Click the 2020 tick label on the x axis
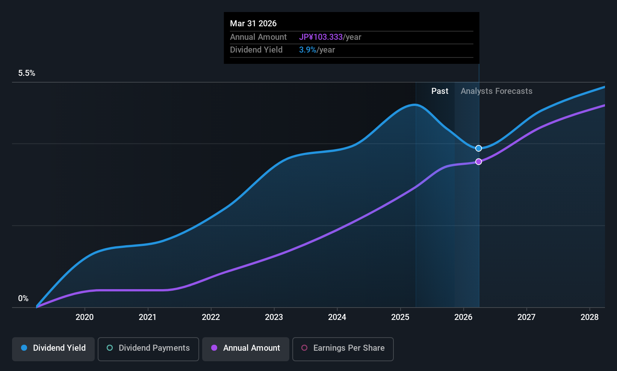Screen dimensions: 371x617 85,317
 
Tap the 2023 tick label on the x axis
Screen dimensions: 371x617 274,317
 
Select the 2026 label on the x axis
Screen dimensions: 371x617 463,317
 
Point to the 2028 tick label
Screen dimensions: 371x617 590,317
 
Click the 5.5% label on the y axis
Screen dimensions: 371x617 27,73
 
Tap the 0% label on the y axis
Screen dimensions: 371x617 23,299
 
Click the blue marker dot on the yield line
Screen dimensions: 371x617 478,148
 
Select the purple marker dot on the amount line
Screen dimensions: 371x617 478,162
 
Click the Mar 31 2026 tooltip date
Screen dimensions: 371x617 253,24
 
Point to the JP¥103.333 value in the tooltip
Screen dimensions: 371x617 321,37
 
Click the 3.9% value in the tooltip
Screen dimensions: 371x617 307,50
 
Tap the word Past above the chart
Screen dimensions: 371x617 440,91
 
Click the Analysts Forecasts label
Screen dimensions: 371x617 496,91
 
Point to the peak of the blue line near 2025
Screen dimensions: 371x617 414,105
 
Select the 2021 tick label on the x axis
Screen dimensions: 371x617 148,317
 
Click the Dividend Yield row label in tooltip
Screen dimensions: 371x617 256,50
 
